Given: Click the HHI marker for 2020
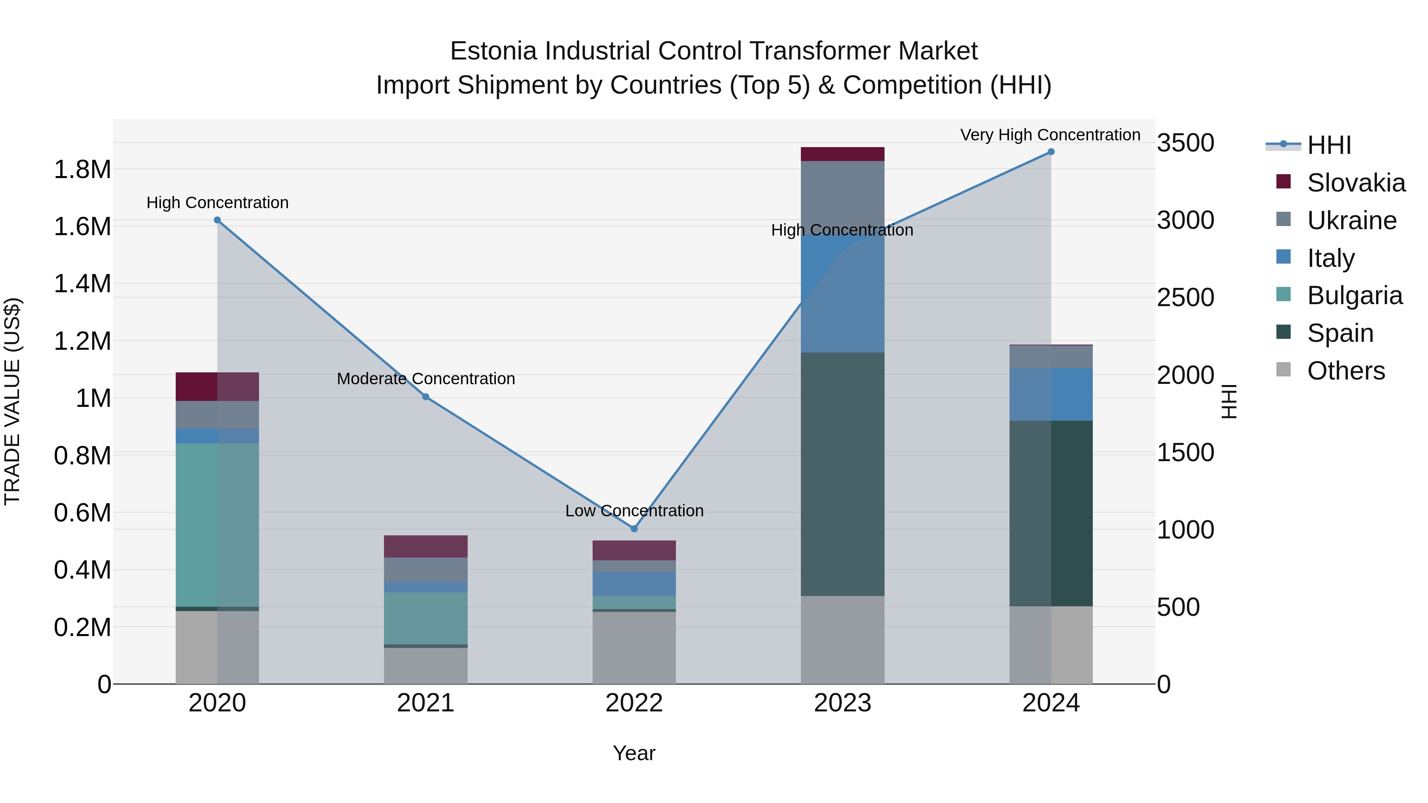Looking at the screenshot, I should tap(217, 220).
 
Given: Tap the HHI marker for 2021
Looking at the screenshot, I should tap(426, 397).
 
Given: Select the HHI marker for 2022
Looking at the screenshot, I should tap(634, 529).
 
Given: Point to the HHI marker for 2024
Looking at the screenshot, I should tap(1051, 152).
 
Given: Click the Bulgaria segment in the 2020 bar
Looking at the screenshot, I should tap(217, 524).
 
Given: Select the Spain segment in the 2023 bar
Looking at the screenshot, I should tap(843, 474).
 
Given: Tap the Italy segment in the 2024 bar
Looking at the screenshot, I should tap(1051, 394).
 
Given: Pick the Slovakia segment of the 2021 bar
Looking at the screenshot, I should tap(426, 546).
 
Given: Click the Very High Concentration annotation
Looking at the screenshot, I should tap(1050, 135).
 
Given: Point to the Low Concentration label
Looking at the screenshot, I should tap(634, 510).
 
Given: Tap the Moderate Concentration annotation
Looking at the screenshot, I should tap(426, 379).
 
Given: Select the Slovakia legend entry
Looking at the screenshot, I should tap(1355, 183).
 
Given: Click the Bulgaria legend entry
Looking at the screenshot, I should tap(1354, 295).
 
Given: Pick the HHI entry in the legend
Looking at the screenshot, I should tap(1329, 145).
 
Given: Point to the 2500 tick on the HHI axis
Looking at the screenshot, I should tap(1185, 297).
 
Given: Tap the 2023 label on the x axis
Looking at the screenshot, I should tap(843, 703).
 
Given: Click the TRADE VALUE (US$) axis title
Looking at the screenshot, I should tap(12, 401).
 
